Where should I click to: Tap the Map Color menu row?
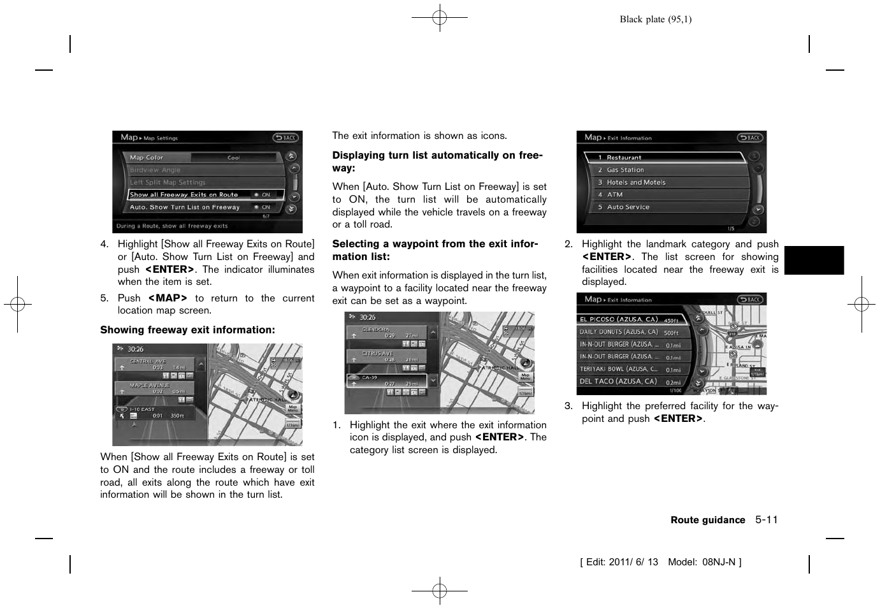click(201, 157)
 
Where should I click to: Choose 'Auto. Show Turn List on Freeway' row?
click(201, 207)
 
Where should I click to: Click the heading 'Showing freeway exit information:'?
click(187, 330)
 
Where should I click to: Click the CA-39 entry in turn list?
click(386, 380)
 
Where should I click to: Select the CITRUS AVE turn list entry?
click(386, 356)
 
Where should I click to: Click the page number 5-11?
click(767, 520)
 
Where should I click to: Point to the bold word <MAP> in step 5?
click(168, 298)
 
